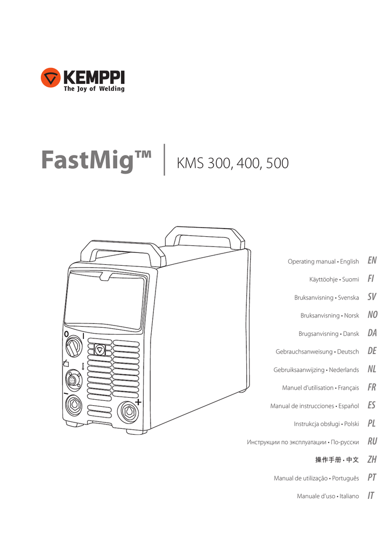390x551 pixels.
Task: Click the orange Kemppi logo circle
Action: [50, 79]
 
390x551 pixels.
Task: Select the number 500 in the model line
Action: [276, 163]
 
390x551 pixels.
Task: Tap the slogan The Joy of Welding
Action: [94, 89]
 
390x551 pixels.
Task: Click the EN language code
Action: [372, 261]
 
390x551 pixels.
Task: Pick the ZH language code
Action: [372, 460]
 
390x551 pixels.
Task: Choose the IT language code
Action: [371, 496]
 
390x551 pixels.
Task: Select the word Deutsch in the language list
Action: [348, 351]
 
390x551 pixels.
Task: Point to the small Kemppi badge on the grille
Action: [100, 350]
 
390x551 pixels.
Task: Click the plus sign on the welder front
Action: [138, 402]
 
